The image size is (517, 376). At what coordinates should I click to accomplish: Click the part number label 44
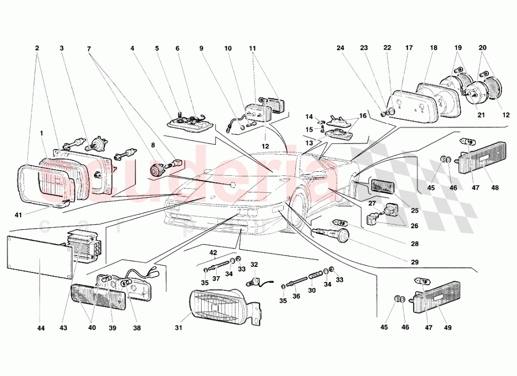pyautogui.click(x=41, y=328)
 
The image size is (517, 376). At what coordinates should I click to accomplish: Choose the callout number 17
pyautogui.click(x=409, y=48)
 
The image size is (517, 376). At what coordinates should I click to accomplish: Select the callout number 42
pyautogui.click(x=213, y=253)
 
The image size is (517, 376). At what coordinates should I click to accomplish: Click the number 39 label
pyautogui.click(x=112, y=328)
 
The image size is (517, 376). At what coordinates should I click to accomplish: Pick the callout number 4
pyautogui.click(x=132, y=48)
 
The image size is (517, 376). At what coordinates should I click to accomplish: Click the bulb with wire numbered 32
pyautogui.click(x=254, y=281)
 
